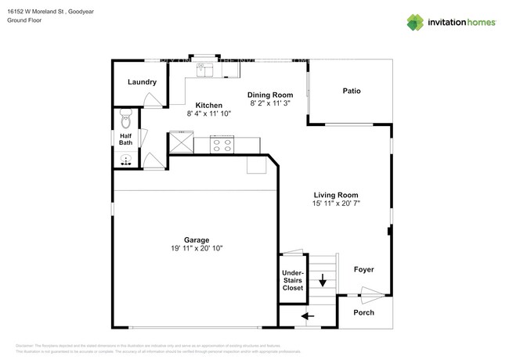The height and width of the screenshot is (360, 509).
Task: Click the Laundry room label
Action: tap(142, 82)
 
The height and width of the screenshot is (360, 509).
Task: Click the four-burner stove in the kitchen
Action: tap(221, 144)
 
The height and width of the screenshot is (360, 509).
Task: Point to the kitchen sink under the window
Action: tap(208, 69)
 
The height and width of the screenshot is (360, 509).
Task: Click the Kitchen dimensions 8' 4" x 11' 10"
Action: tap(208, 114)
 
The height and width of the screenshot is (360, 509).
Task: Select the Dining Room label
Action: tap(270, 94)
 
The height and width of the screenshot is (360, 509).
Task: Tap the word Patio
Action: tap(352, 91)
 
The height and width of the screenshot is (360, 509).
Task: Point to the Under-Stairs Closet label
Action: tap(292, 280)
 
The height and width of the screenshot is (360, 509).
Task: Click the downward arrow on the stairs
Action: tap(322, 280)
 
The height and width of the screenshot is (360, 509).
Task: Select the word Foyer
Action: tap(363, 270)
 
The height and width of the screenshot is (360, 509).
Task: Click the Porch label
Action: tap(363, 313)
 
